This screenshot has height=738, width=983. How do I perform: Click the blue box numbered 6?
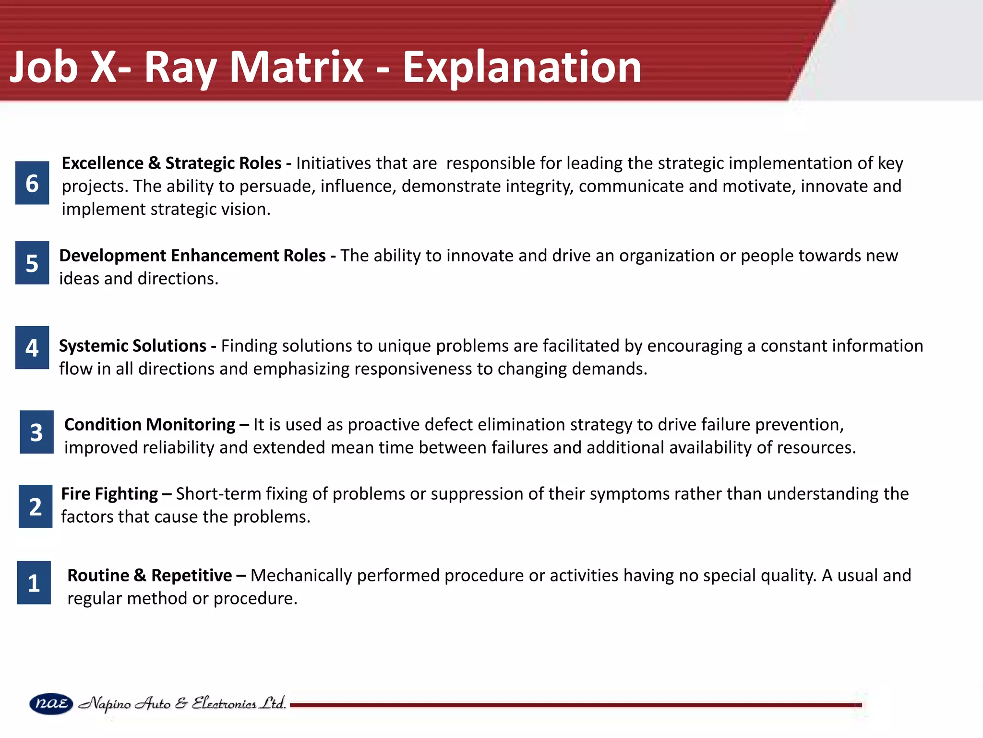[32, 183]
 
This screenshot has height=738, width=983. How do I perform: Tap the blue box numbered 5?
[32, 263]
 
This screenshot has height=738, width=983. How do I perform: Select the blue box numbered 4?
[32, 347]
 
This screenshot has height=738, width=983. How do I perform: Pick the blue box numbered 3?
[36, 432]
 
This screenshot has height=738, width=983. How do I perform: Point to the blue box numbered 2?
[36, 506]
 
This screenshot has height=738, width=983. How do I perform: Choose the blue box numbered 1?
[34, 583]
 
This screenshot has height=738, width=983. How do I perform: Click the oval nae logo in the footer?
[51, 704]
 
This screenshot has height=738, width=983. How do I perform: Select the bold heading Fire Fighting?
[109, 494]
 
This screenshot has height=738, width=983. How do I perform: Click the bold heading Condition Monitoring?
[150, 425]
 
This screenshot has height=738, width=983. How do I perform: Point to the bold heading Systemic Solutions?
[132, 346]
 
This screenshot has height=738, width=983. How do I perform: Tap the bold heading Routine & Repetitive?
[150, 576]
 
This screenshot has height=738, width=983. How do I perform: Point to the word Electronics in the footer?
[224, 704]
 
